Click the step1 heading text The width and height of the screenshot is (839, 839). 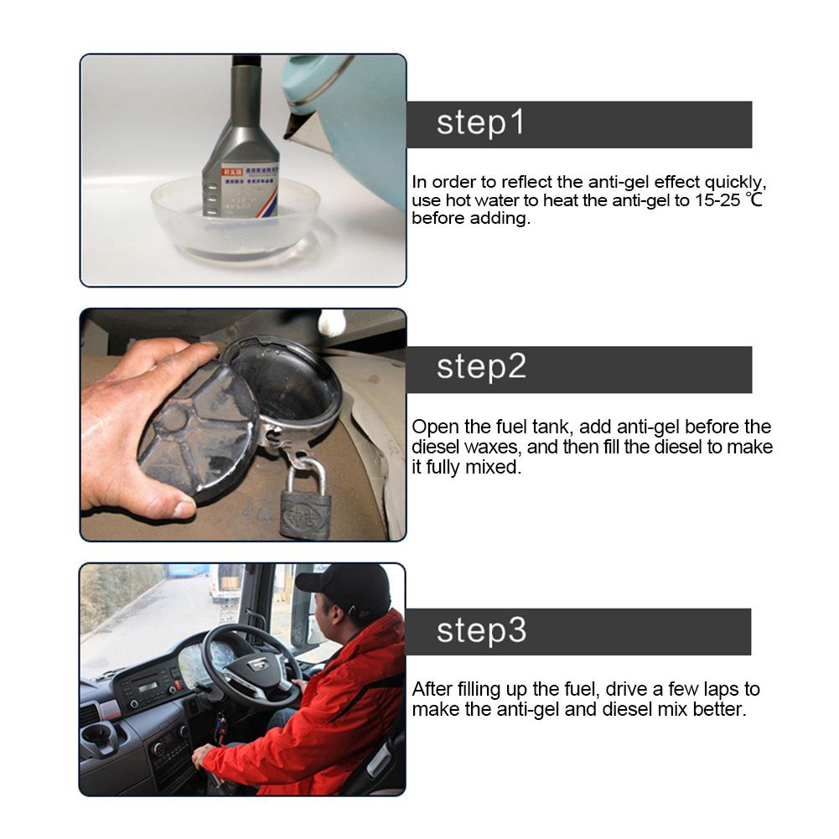[480, 123]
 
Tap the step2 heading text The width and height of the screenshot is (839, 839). [481, 368]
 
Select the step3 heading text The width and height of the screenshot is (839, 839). [481, 630]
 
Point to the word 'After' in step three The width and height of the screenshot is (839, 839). [433, 690]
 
